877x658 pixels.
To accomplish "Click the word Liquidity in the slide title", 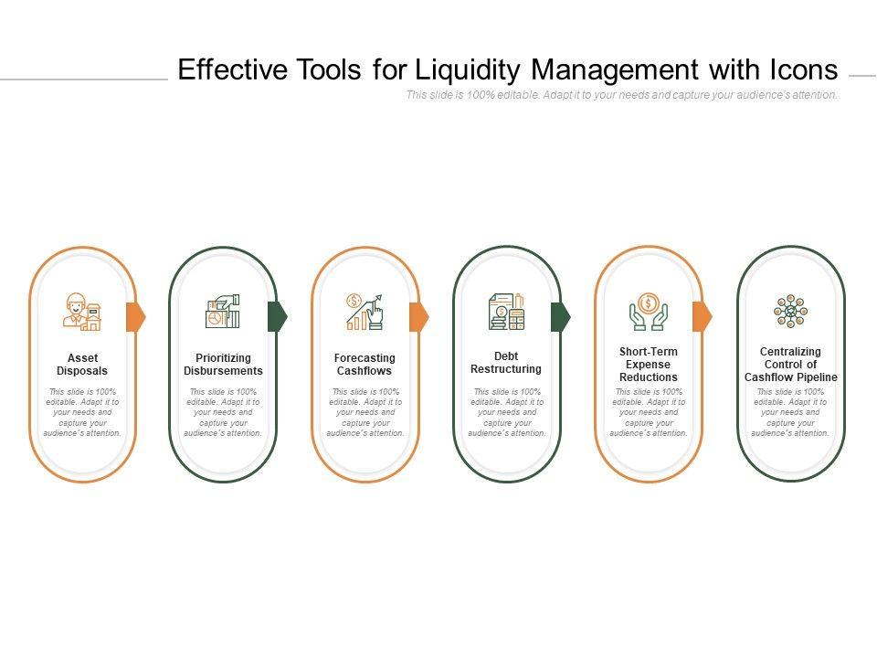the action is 468,69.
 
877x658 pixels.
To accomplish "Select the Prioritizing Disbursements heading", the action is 223,365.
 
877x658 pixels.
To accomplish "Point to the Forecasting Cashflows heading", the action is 365,365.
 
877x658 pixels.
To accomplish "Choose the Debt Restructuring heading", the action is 506,363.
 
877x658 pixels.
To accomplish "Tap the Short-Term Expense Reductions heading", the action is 649,365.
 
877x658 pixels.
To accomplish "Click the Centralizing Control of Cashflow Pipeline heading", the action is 790,365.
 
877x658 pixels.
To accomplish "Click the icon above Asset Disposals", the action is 81,312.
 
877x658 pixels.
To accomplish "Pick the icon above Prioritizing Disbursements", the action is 223,312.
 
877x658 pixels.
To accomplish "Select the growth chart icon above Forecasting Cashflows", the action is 365,312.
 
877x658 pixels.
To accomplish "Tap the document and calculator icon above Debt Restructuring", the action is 506,312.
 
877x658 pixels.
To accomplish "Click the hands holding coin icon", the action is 648,312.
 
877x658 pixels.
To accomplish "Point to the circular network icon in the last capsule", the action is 790,312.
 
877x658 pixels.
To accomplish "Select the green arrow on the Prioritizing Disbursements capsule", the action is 277,316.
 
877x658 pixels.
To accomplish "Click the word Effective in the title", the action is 232,69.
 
